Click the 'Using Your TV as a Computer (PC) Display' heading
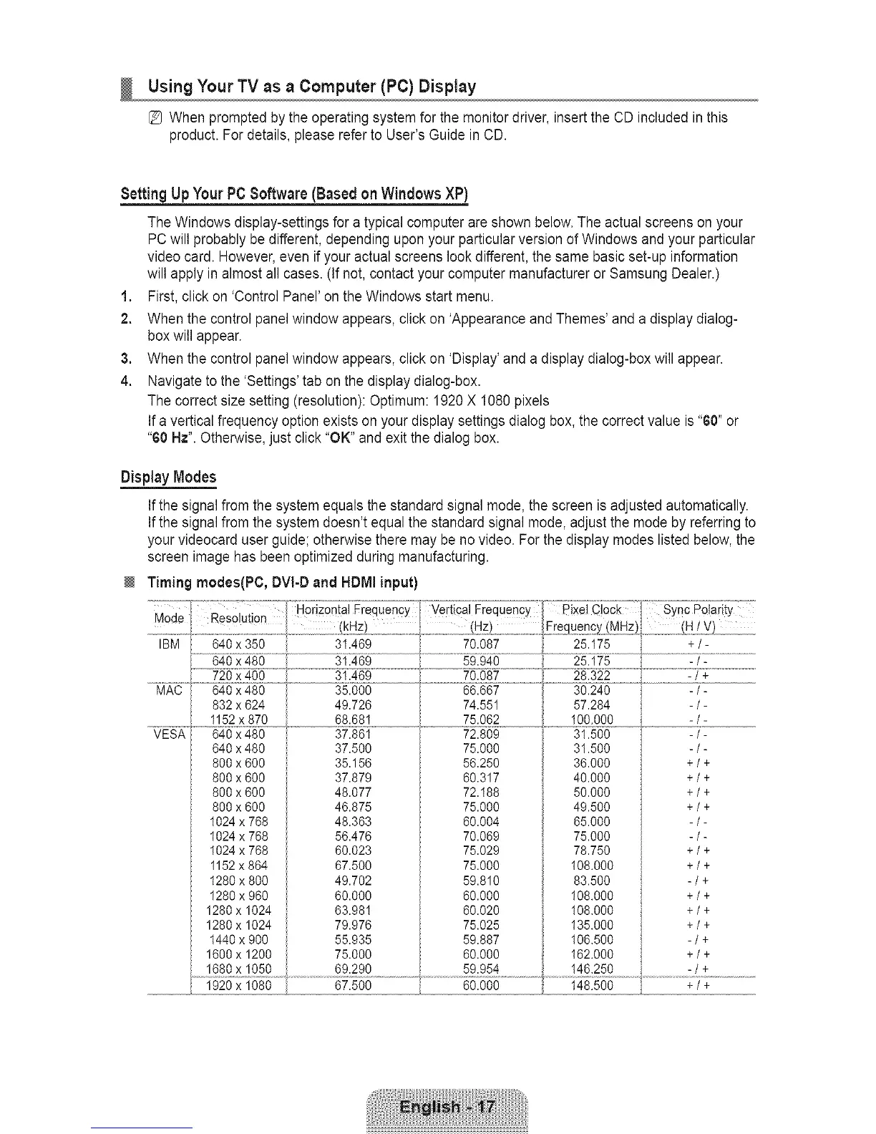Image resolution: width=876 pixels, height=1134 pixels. (x=311, y=88)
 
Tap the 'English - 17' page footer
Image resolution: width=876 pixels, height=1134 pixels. (x=447, y=1108)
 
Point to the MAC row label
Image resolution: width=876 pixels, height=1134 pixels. (x=169, y=690)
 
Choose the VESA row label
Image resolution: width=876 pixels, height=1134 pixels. (x=169, y=734)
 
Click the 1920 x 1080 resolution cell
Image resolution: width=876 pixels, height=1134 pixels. (x=238, y=985)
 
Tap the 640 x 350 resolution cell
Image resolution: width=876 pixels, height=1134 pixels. (x=238, y=644)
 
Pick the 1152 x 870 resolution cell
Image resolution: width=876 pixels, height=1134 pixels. (x=238, y=719)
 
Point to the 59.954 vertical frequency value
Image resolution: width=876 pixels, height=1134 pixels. (x=481, y=969)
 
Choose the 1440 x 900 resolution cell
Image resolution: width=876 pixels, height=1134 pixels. (x=238, y=939)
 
